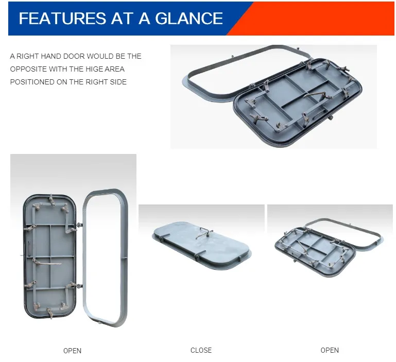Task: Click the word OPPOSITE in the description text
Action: click(28, 69)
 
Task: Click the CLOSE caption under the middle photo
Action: click(201, 350)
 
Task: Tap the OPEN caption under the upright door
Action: click(72, 351)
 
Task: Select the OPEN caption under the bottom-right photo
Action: click(330, 350)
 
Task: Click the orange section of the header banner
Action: click(319, 19)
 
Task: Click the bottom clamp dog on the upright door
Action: click(50, 312)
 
